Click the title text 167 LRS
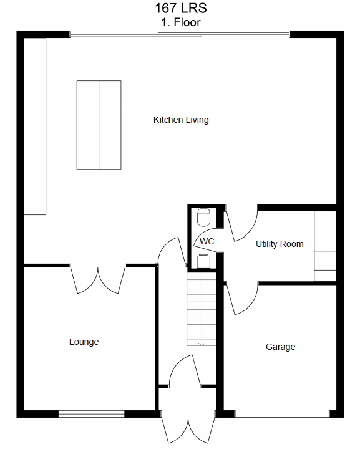[181, 8]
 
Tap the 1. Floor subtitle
[181, 22]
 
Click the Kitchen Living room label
[181, 120]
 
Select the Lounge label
[84, 342]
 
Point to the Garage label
[280, 347]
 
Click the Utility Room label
[280, 244]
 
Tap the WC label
[207, 241]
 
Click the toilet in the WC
[203, 218]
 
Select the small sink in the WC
[203, 261]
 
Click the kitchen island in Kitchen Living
[99, 125]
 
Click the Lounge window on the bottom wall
[92, 414]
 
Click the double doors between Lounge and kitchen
[98, 279]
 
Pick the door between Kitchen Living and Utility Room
[241, 223]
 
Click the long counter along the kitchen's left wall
[35, 127]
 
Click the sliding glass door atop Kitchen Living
[180, 34]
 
